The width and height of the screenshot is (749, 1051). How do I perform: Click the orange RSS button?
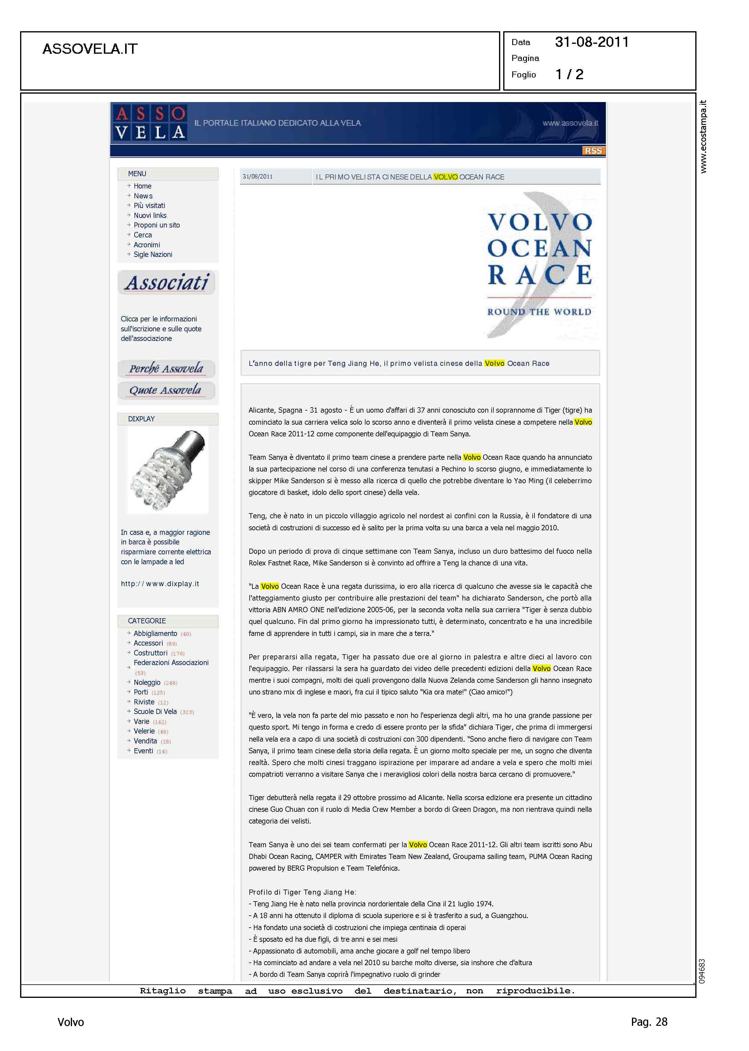[593, 151]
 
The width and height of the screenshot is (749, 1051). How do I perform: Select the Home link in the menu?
[143, 186]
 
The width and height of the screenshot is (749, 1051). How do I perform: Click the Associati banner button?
[167, 282]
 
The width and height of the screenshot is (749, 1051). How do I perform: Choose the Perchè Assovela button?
[166, 369]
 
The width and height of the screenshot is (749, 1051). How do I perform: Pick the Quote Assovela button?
[166, 390]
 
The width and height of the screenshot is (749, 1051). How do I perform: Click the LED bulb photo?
[168, 469]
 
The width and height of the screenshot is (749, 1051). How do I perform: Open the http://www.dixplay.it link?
[160, 584]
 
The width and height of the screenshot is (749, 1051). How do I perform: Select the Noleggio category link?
[147, 682]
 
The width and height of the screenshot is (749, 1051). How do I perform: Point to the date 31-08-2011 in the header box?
[592, 42]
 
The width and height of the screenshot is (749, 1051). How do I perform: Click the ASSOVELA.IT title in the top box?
[90, 49]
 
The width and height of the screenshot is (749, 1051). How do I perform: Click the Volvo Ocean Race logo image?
[540, 265]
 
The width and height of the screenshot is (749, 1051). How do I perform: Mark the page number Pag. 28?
[649, 1022]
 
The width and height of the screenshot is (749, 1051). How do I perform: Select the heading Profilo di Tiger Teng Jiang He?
[302, 892]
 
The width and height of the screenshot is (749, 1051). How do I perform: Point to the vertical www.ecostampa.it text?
[703, 137]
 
